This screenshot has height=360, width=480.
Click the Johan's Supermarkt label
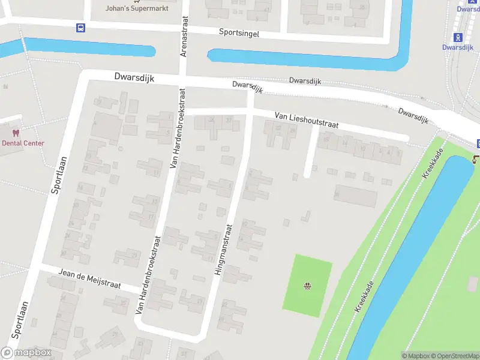tap(137, 8)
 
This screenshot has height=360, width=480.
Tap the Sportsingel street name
tap(239, 33)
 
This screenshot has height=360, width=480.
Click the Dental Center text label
tap(23, 143)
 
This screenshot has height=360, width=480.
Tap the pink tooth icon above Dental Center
tap(16, 133)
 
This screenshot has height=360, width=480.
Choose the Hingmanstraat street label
tap(222, 250)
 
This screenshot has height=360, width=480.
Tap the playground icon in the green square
tap(308, 285)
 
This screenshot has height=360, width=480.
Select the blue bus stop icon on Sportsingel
tap(80, 27)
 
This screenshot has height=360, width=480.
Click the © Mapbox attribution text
tap(416, 356)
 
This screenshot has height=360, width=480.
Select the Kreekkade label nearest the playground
tap(364, 296)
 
